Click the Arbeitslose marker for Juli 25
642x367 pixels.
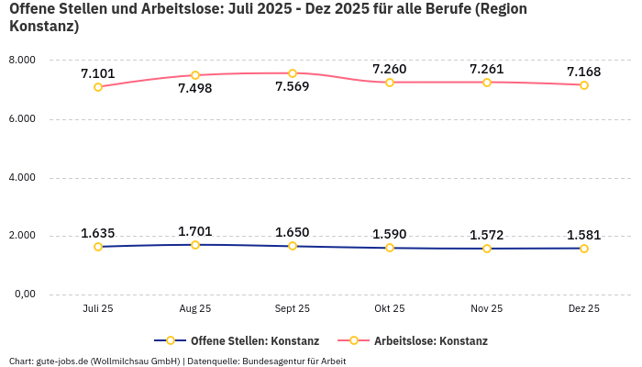click(98, 87)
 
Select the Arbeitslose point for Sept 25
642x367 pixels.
click(293, 73)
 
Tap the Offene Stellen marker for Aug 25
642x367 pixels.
click(195, 245)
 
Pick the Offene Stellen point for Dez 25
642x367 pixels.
click(584, 249)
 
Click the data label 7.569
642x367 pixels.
click(293, 87)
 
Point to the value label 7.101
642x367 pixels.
click(98, 73)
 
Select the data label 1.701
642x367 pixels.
click(195, 231)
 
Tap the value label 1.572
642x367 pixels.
click(487, 235)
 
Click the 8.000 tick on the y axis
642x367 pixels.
click(21, 61)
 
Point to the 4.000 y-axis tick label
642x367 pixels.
click(21, 178)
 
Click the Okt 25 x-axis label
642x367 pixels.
click(390, 309)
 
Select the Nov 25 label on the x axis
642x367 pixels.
click(487, 309)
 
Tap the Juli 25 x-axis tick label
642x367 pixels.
click(98, 309)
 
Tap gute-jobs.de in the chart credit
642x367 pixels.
click(62, 361)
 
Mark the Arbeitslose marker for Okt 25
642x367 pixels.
click(390, 83)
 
